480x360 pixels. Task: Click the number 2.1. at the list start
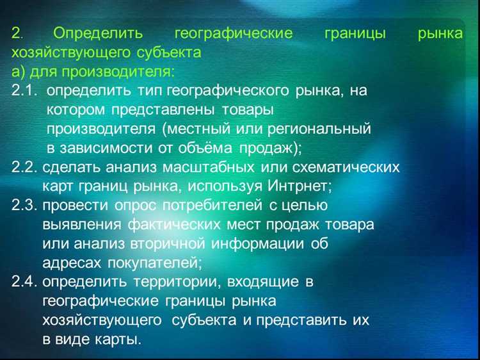click(25, 91)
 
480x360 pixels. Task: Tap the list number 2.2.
click(25, 168)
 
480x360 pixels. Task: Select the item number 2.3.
click(25, 206)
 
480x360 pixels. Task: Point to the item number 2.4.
click(25, 282)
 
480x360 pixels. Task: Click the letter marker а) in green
click(19, 72)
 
